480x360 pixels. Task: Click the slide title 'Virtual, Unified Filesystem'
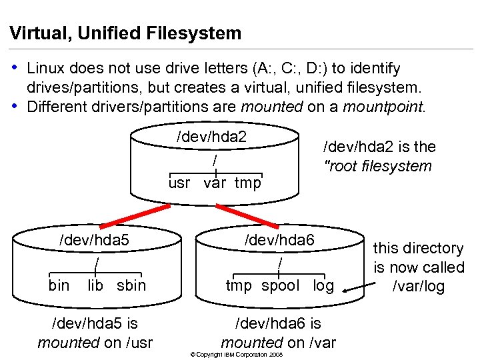125,33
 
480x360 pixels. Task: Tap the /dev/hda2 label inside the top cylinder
211,137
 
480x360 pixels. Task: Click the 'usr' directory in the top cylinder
179,183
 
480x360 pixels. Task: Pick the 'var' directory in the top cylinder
215,183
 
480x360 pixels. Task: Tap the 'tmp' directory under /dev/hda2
248,183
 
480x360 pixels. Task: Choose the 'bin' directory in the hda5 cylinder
59,285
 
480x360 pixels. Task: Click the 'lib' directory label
95,285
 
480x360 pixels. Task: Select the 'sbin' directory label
131,285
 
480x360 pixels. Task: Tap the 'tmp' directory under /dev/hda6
239,285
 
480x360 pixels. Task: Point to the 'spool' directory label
280,285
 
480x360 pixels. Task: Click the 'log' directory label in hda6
323,285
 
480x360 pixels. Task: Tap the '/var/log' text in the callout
419,287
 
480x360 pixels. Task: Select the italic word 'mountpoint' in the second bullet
383,107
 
